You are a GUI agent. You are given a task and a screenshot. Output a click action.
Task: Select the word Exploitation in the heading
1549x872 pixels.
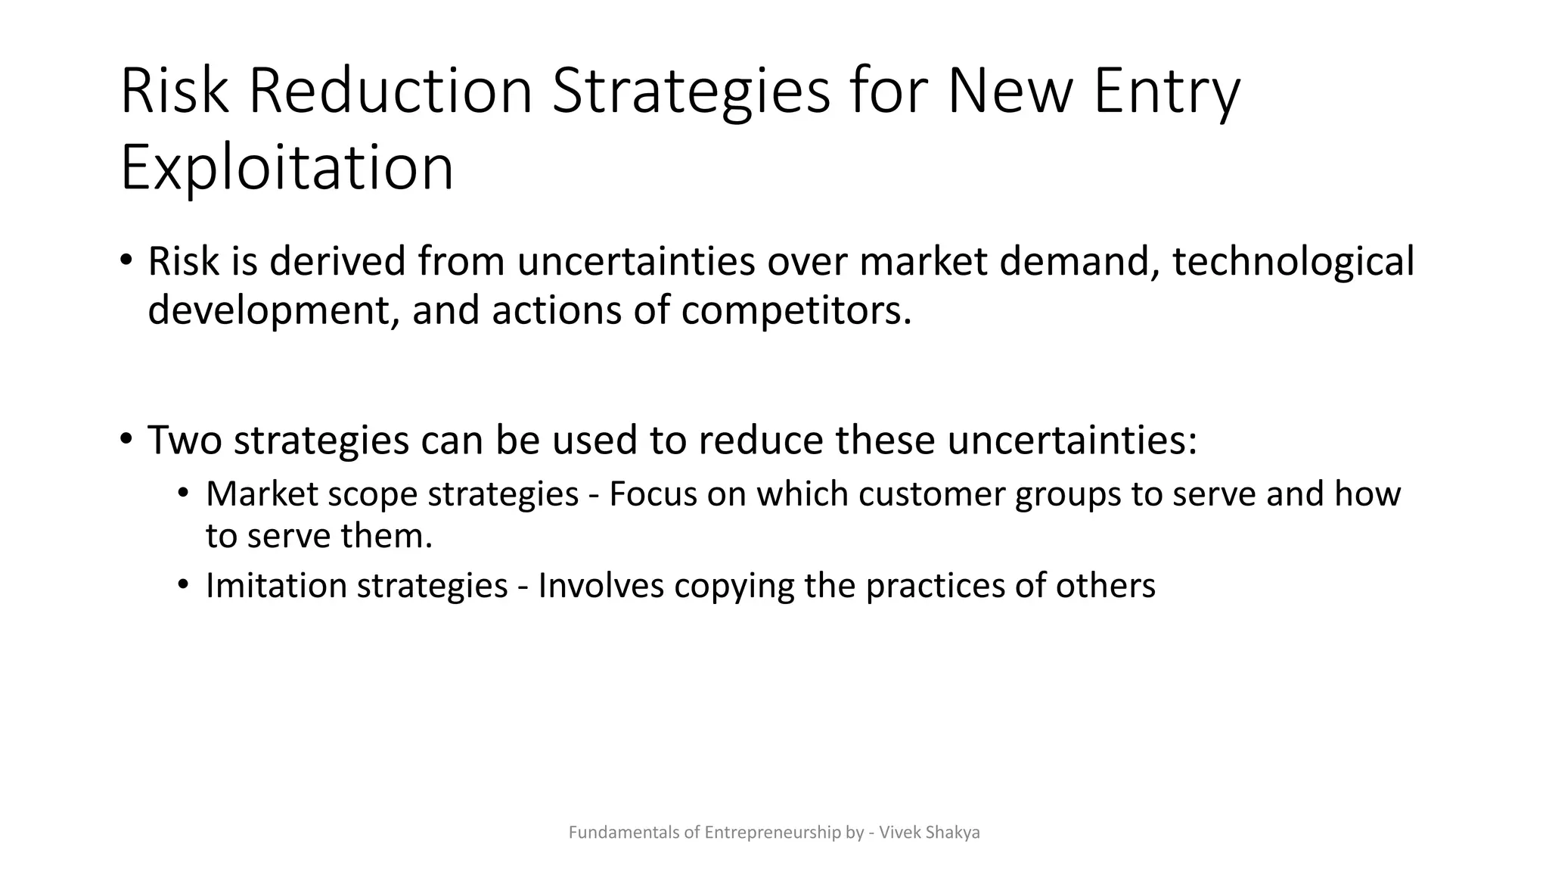287,167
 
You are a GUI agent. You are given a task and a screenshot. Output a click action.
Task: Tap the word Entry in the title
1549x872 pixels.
1167,92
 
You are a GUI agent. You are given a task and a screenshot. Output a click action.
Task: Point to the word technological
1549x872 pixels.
1293,262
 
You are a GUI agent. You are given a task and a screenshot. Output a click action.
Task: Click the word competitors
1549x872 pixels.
796,310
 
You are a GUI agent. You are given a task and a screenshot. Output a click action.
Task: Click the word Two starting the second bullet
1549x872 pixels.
185,440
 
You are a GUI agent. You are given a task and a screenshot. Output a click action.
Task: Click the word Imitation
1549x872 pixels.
276,586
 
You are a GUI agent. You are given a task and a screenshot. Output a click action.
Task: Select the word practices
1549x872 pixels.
935,586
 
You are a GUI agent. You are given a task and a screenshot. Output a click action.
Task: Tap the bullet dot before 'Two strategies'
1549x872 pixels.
126,439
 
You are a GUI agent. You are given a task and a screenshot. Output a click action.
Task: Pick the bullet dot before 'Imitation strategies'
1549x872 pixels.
182,585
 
